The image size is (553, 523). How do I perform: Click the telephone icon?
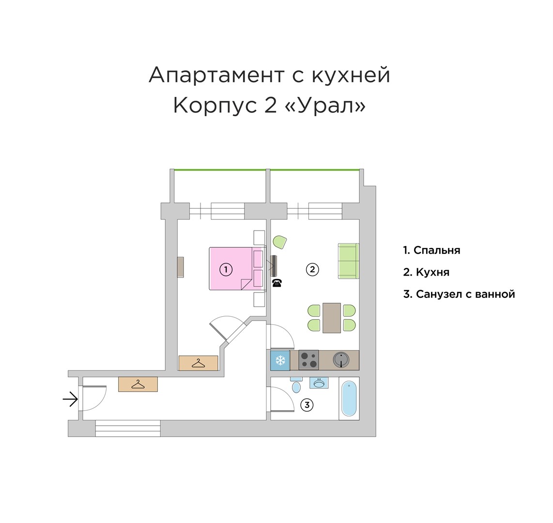point(276,283)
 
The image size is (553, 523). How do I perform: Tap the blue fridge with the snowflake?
point(280,360)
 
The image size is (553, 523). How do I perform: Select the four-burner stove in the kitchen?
point(308,360)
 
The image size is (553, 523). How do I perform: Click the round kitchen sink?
point(342,360)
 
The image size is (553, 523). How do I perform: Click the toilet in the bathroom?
point(296,385)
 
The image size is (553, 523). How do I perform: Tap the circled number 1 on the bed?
point(226,269)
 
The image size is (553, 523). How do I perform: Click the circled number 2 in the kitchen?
point(312,269)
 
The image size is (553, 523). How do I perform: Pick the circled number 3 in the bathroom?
point(307,405)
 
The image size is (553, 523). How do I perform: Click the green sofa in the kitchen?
point(348,261)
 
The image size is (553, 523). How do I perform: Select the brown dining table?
point(332,318)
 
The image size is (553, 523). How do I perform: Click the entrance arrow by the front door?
point(70,400)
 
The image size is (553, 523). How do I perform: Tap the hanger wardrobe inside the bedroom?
point(198,363)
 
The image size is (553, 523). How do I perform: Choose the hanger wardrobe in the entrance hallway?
point(138,384)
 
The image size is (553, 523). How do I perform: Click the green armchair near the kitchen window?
point(280,242)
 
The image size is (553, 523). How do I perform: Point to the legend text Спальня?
point(437,250)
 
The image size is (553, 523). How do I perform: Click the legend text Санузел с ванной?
point(465,294)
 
